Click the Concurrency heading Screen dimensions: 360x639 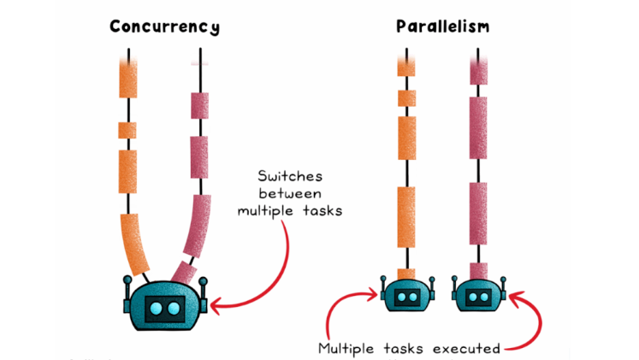tap(164, 26)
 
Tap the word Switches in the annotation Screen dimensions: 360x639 tap(287, 177)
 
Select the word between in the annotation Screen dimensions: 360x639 tap(289, 193)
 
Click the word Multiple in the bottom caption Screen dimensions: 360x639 tap(346, 349)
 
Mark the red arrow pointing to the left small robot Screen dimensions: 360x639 tap(346, 308)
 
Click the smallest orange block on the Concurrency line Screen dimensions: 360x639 tap(127, 130)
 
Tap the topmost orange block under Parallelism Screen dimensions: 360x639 tap(406, 65)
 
